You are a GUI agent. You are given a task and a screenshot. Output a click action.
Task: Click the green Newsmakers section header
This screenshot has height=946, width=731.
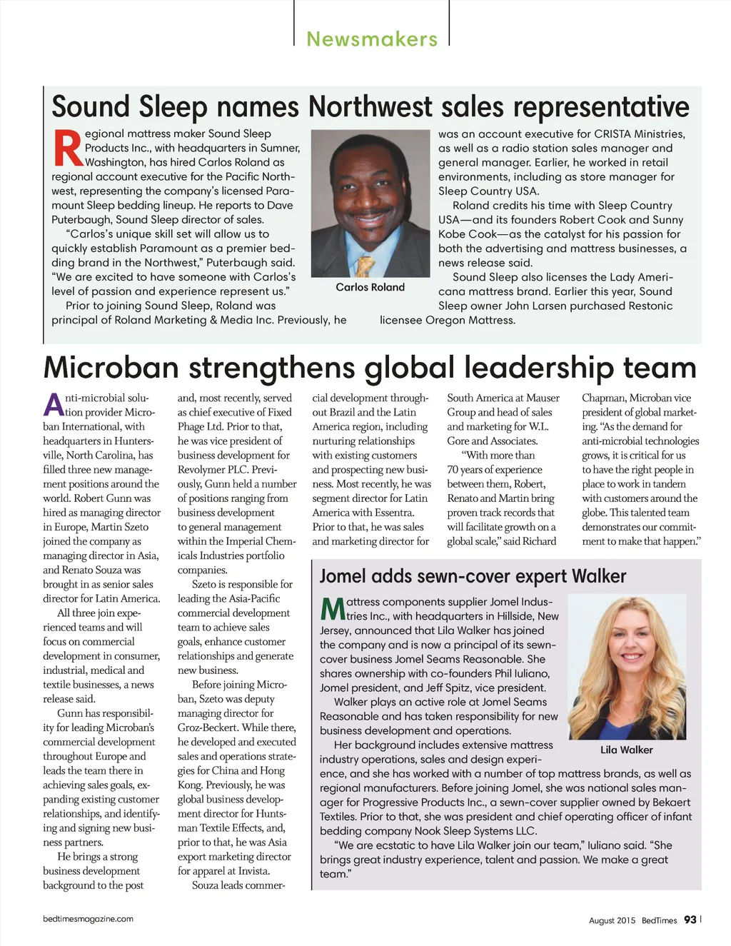click(x=372, y=39)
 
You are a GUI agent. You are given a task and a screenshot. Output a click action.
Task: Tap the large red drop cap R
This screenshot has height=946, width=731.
click(x=67, y=149)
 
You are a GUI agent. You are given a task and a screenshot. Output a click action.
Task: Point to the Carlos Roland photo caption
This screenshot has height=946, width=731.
click(x=370, y=287)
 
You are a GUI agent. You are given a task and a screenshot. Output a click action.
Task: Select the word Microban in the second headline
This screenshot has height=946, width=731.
click(x=111, y=368)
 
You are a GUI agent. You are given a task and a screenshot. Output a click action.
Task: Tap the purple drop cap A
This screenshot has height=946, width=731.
click(x=54, y=405)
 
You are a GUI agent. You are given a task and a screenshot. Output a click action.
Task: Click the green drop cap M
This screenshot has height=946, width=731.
click(x=333, y=609)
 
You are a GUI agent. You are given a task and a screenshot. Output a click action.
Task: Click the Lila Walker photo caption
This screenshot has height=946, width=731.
click(x=626, y=750)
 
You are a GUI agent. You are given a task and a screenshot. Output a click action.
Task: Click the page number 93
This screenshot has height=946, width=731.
click(x=690, y=920)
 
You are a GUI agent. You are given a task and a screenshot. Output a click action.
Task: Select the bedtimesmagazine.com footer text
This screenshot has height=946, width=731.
click(x=88, y=919)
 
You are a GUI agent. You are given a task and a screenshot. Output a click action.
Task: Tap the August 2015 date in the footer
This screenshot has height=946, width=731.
click(x=612, y=920)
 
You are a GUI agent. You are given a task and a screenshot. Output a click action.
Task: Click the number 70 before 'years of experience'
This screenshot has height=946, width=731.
click(x=453, y=470)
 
